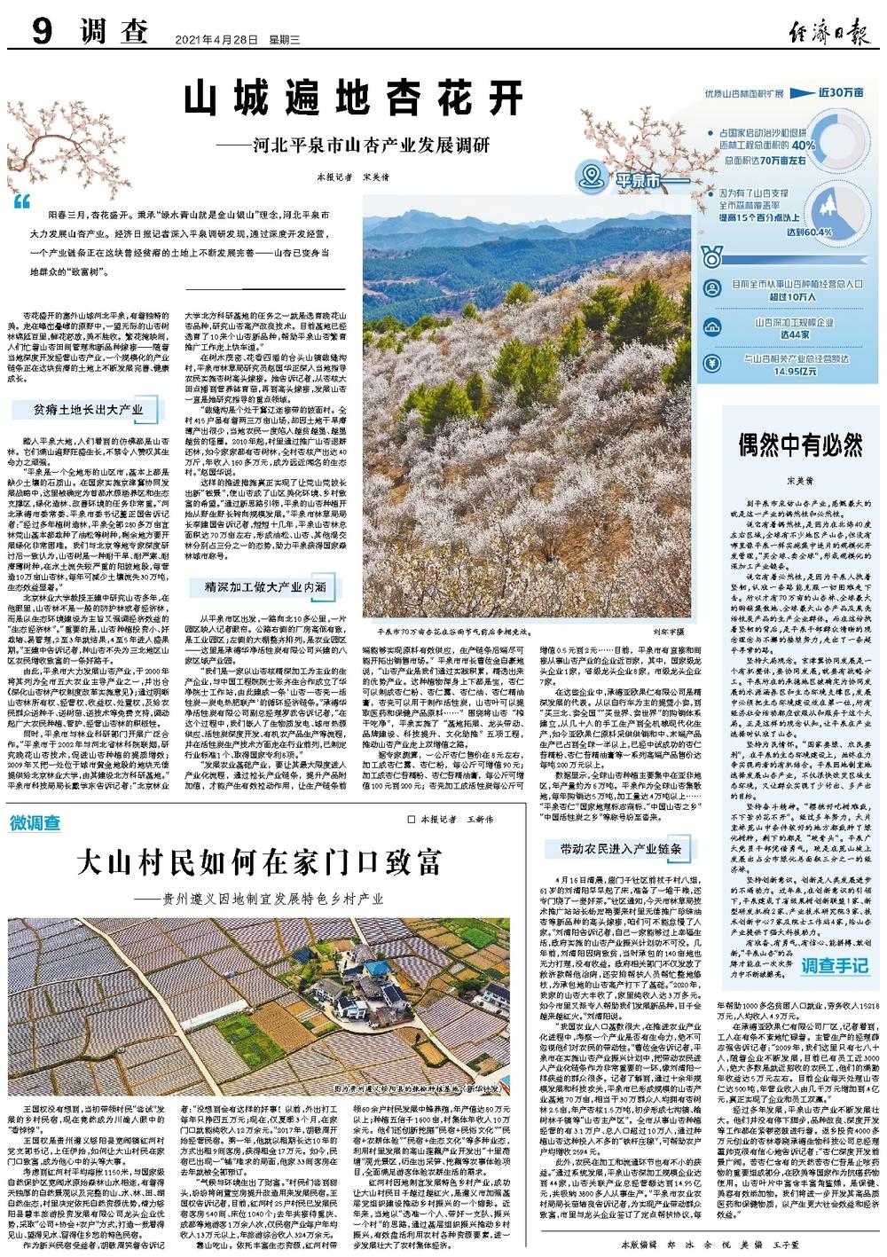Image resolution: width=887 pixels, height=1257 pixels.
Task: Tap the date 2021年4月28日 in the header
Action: pos(210,39)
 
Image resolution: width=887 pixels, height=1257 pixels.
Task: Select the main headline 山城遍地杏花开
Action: pos(355,98)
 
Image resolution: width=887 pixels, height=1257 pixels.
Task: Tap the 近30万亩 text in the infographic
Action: pos(841,91)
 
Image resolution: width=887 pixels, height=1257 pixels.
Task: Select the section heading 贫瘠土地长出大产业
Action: pos(88,411)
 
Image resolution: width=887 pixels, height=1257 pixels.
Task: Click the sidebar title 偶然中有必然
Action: pos(800,444)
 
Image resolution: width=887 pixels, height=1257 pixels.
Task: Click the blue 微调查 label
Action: pos(36,823)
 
